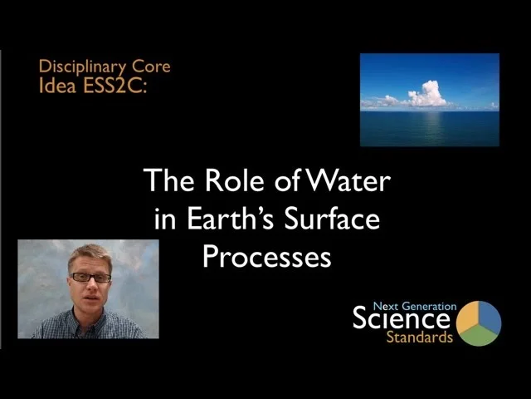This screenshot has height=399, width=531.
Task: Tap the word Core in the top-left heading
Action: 154,66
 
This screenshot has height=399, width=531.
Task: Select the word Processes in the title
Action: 266,257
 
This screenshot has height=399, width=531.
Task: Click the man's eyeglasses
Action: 90,278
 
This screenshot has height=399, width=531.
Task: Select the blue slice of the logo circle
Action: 490,317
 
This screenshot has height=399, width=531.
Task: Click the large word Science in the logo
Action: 402,318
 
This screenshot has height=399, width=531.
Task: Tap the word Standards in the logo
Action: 419,337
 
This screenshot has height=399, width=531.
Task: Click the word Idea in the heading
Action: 56,83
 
